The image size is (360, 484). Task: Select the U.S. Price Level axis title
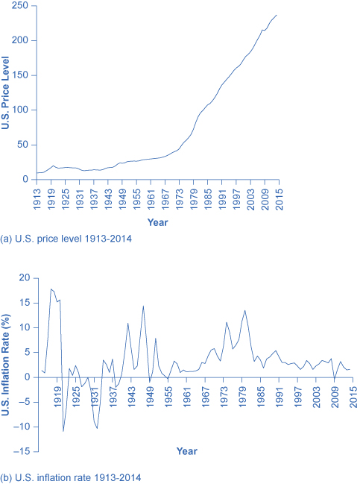(7, 93)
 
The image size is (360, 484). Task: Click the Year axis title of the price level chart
(157, 221)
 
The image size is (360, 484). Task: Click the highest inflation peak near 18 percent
(51, 289)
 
